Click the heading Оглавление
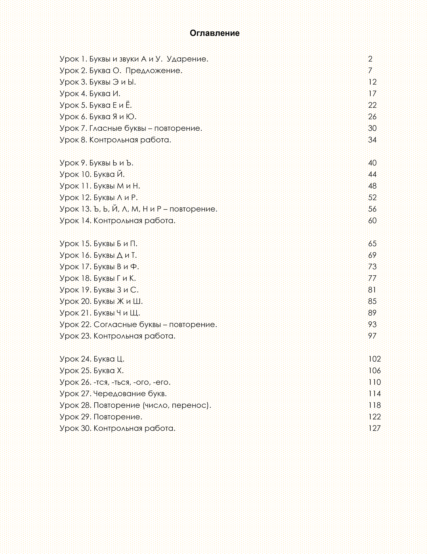214,33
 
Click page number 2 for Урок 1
370,59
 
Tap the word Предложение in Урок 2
153,71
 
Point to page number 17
372,94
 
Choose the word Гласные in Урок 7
106,128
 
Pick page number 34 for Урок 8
372,140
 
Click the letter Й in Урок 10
120,174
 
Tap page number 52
372,197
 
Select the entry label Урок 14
75,221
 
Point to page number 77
372,278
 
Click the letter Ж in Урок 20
120,301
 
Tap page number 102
374,359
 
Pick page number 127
374,428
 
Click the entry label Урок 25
75,371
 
